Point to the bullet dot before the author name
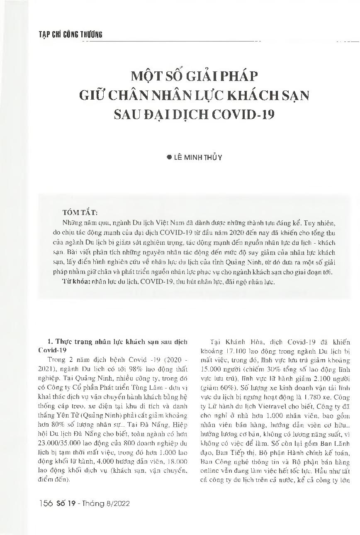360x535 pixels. pyautogui.click(x=169, y=157)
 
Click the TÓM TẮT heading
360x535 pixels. pyautogui.click(x=79, y=213)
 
